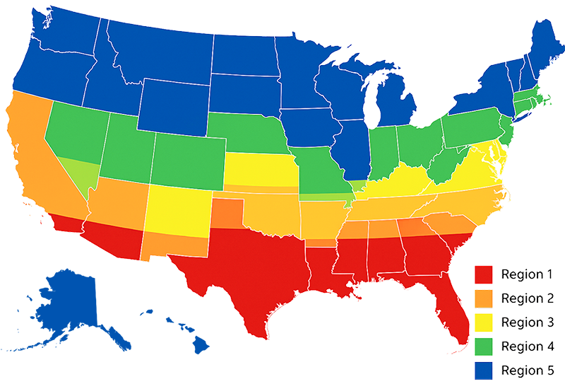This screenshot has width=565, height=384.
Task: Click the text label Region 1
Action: click(522, 274)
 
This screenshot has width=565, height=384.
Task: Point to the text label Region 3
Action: click(522, 322)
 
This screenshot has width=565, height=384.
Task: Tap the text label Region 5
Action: click(522, 370)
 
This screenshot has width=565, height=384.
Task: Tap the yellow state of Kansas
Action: click(258, 170)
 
